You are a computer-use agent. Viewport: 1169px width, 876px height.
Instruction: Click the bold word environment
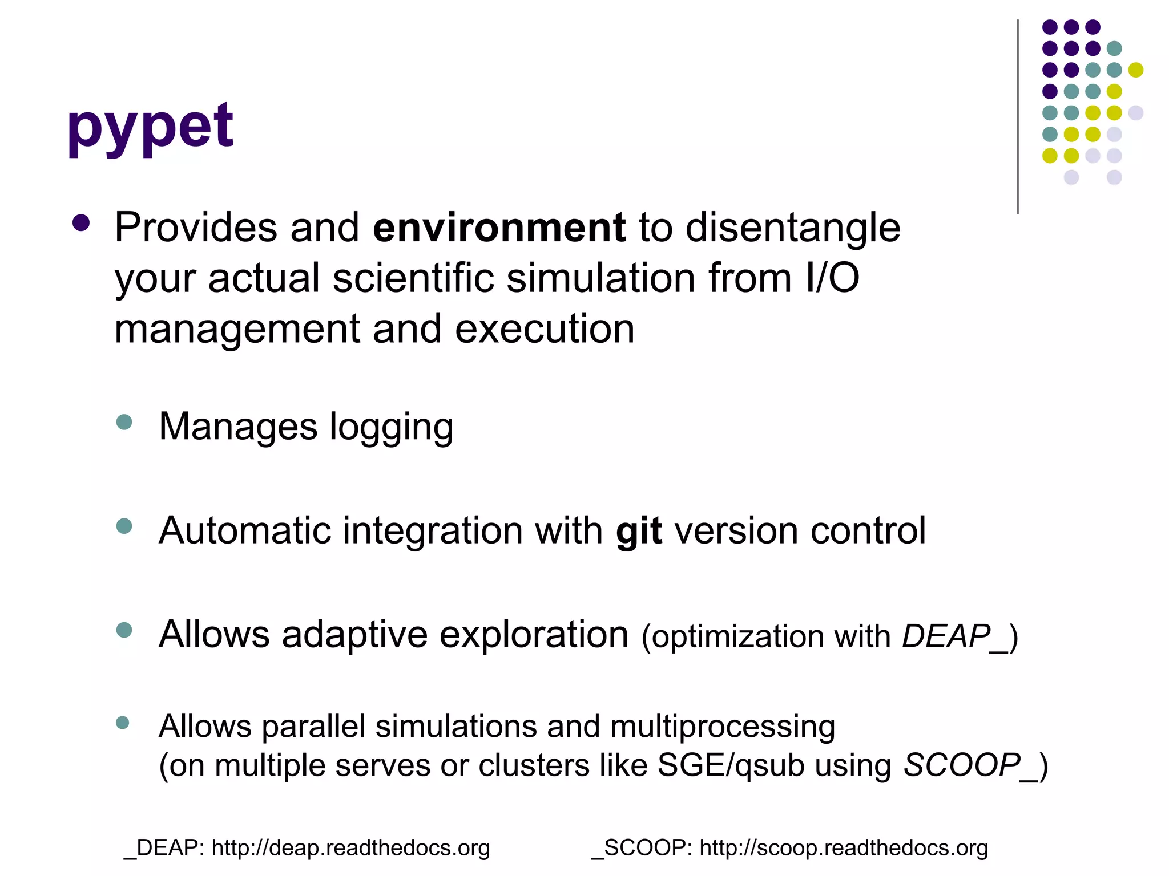click(499, 228)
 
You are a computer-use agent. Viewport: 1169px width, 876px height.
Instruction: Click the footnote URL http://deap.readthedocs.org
click(350, 849)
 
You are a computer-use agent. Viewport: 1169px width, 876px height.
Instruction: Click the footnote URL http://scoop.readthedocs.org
click(844, 849)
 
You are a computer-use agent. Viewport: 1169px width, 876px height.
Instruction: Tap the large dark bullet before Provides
click(81, 223)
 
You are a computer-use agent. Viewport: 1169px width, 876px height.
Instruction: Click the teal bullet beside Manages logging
click(124, 423)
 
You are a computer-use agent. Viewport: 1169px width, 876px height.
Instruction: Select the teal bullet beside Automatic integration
click(124, 526)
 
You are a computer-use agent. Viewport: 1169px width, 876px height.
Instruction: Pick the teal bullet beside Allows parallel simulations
click(123, 723)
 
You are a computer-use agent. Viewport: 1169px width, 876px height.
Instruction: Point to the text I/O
click(832, 278)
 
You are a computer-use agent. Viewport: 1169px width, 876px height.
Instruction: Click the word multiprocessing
click(722, 727)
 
